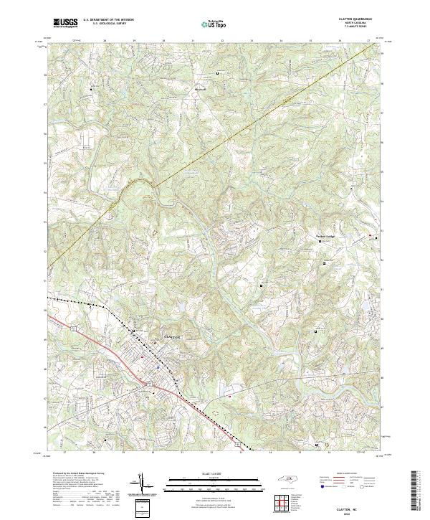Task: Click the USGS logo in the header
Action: coord(66,23)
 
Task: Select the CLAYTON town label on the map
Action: coord(175,336)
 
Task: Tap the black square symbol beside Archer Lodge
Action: coord(320,242)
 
